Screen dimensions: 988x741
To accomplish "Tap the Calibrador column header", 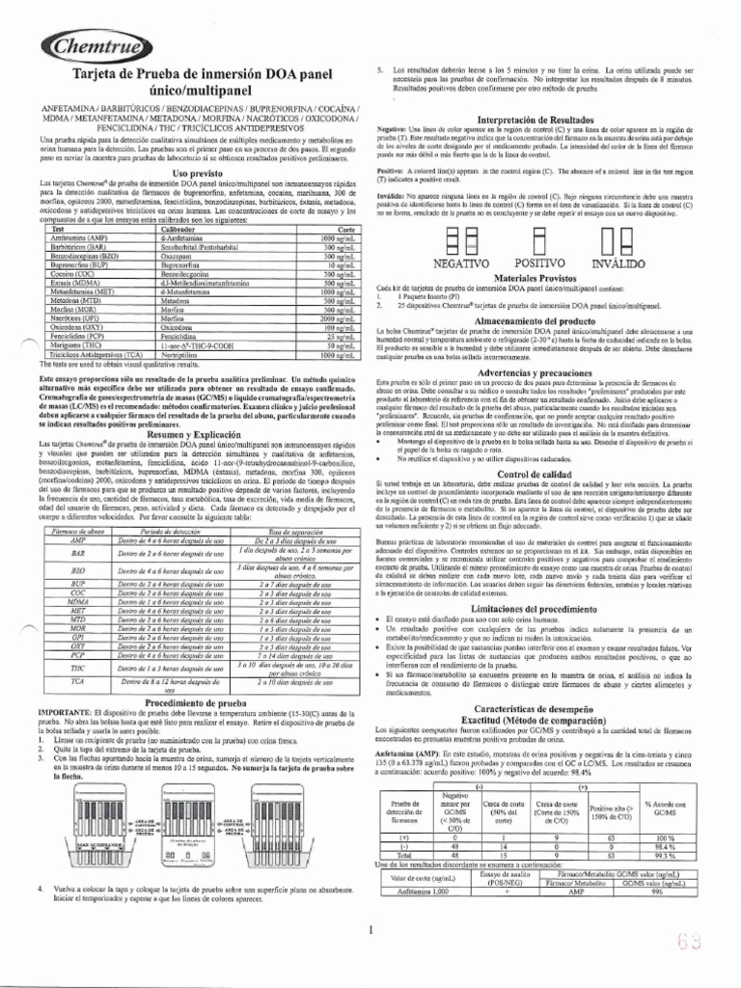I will point(188,229).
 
